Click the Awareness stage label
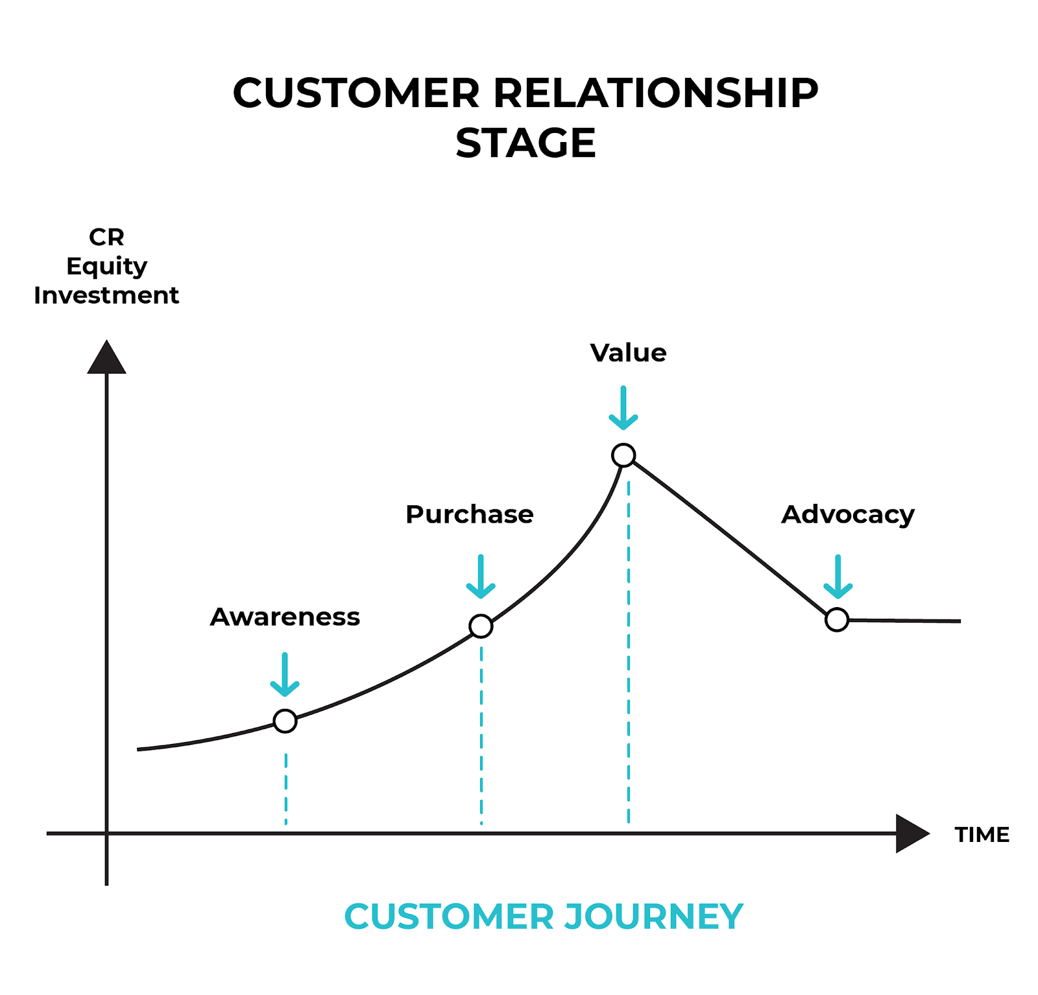click(x=285, y=617)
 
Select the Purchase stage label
click(x=469, y=514)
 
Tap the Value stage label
click(x=628, y=353)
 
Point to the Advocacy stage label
click(x=847, y=514)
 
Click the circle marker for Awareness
click(x=285, y=721)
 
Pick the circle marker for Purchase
click(x=481, y=626)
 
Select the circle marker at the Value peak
click(x=623, y=455)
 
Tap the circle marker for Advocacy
click(x=837, y=619)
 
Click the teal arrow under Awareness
click(x=285, y=675)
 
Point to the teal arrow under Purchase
click(x=481, y=577)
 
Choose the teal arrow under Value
click(x=623, y=409)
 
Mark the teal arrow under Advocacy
click(x=838, y=577)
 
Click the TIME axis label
click(x=982, y=834)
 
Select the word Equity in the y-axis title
click(x=107, y=267)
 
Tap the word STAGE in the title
click(x=525, y=143)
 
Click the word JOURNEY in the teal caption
click(x=653, y=917)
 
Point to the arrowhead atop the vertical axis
click(x=106, y=359)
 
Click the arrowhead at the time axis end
click(x=911, y=833)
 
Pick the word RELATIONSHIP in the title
click(x=656, y=93)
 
